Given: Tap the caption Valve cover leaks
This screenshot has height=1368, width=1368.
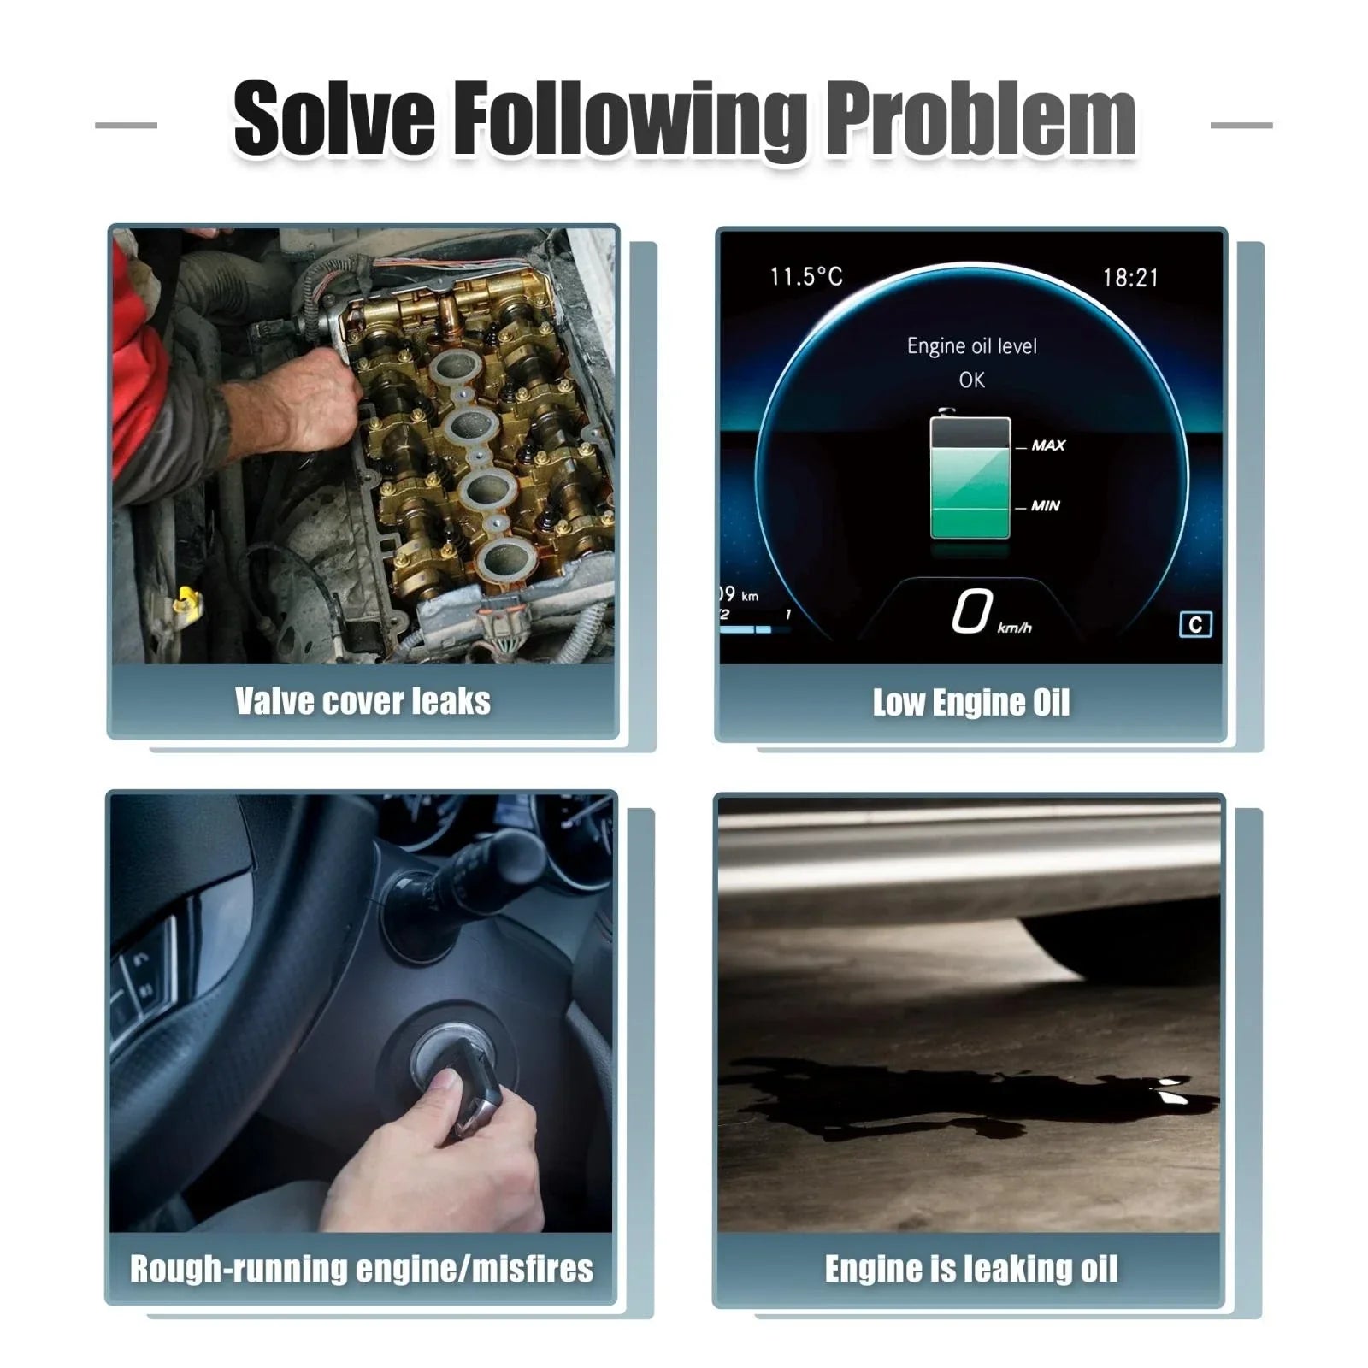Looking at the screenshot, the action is coord(363,701).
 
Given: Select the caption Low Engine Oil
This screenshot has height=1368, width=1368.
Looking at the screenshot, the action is coord(970,702).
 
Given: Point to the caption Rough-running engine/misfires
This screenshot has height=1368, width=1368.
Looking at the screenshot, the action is coord(361,1269).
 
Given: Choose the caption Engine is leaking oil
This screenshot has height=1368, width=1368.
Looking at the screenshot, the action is coord(970,1269).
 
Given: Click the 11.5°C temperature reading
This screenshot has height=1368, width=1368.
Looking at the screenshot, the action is coord(806,277).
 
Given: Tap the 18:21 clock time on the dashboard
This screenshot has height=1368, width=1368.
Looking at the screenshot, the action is coord(1129,278).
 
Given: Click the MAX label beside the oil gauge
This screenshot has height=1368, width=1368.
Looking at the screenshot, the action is coord(1048,445).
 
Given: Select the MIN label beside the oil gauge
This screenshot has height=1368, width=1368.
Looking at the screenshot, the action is coord(1045,506).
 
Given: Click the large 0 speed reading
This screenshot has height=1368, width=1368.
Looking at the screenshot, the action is coord(972,611).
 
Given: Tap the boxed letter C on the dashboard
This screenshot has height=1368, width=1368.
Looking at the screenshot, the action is coord(1194,625).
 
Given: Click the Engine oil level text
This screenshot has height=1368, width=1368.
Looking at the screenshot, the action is coord(971,346).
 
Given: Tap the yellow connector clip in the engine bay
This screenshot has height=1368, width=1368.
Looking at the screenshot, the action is coord(186,602).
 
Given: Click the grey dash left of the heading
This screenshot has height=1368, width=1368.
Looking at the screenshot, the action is coord(126,125).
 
